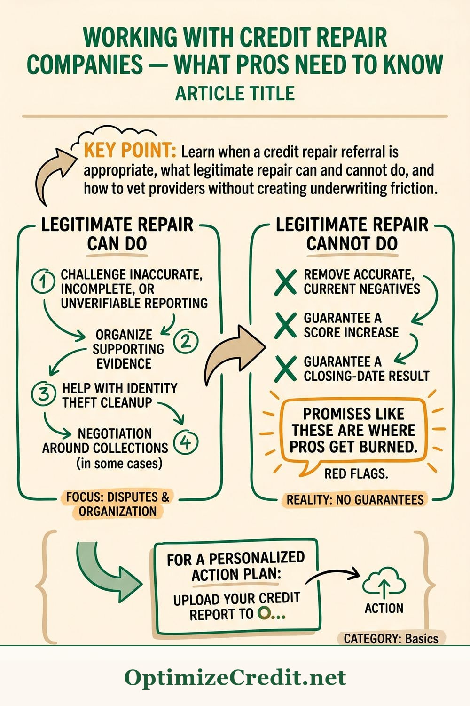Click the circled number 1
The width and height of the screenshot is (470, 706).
click(x=42, y=282)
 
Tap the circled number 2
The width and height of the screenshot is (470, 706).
click(x=186, y=341)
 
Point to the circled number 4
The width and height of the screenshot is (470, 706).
click(x=186, y=442)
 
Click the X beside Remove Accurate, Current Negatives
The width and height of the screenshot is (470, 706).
click(x=285, y=282)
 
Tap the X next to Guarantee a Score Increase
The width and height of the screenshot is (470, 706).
click(x=285, y=325)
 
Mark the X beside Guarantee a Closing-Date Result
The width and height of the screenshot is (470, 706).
click(x=285, y=369)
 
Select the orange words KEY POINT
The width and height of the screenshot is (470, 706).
click(x=130, y=152)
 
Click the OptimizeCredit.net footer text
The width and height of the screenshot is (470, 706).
click(x=235, y=678)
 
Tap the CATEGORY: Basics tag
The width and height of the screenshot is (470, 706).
click(x=391, y=639)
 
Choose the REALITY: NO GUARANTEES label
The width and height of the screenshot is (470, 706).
click(x=355, y=500)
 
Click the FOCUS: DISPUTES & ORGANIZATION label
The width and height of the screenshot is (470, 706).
click(x=117, y=504)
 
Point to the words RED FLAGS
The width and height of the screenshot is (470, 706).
click(x=356, y=473)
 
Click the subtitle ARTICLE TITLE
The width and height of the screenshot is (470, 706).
click(x=235, y=93)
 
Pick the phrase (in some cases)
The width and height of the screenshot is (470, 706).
click(x=119, y=464)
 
